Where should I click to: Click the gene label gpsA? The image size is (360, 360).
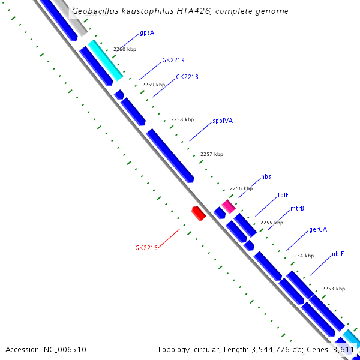click(x=147, y=33)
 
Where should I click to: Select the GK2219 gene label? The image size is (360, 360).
click(x=173, y=61)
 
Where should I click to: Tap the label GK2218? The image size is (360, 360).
click(x=187, y=77)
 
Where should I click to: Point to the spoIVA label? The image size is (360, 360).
click(x=223, y=121)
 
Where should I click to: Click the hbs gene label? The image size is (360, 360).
click(x=266, y=177)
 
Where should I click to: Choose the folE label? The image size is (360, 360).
click(x=283, y=195)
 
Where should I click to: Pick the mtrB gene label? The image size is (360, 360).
click(x=297, y=209)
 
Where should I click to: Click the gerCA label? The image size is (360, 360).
click(x=318, y=230)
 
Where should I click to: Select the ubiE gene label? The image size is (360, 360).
click(x=338, y=254)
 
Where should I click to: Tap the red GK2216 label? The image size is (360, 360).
click(x=146, y=248)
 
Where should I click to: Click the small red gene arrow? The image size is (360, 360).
click(x=199, y=213)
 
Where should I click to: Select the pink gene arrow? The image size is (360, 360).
click(x=228, y=206)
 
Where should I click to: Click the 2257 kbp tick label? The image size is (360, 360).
click(x=211, y=155)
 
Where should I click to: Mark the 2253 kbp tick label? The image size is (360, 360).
click(x=334, y=289)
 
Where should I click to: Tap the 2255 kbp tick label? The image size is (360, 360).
click(x=271, y=223)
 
